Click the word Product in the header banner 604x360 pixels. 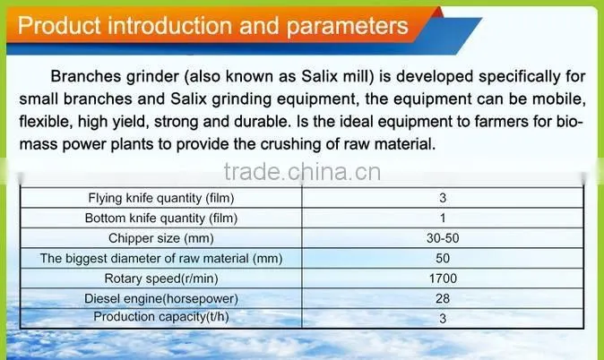click(59, 26)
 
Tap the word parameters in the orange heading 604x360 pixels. click(347, 27)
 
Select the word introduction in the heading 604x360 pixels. click(170, 26)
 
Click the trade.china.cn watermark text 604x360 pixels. click(302, 172)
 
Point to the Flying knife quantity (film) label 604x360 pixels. click(161, 198)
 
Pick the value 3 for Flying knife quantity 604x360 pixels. click(443, 198)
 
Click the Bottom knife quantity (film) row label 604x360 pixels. click(161, 218)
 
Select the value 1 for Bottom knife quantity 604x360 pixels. click(443, 218)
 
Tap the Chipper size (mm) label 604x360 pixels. click(161, 238)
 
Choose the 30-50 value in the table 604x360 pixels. click(443, 238)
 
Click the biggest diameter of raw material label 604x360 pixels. click(161, 258)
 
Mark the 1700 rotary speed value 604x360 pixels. click(443, 278)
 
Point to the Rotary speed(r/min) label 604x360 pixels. click(161, 278)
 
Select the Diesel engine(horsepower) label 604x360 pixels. click(161, 298)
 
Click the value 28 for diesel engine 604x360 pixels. click(443, 298)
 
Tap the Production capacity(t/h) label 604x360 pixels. click(161, 316)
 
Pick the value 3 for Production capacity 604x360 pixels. click(443, 319)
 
